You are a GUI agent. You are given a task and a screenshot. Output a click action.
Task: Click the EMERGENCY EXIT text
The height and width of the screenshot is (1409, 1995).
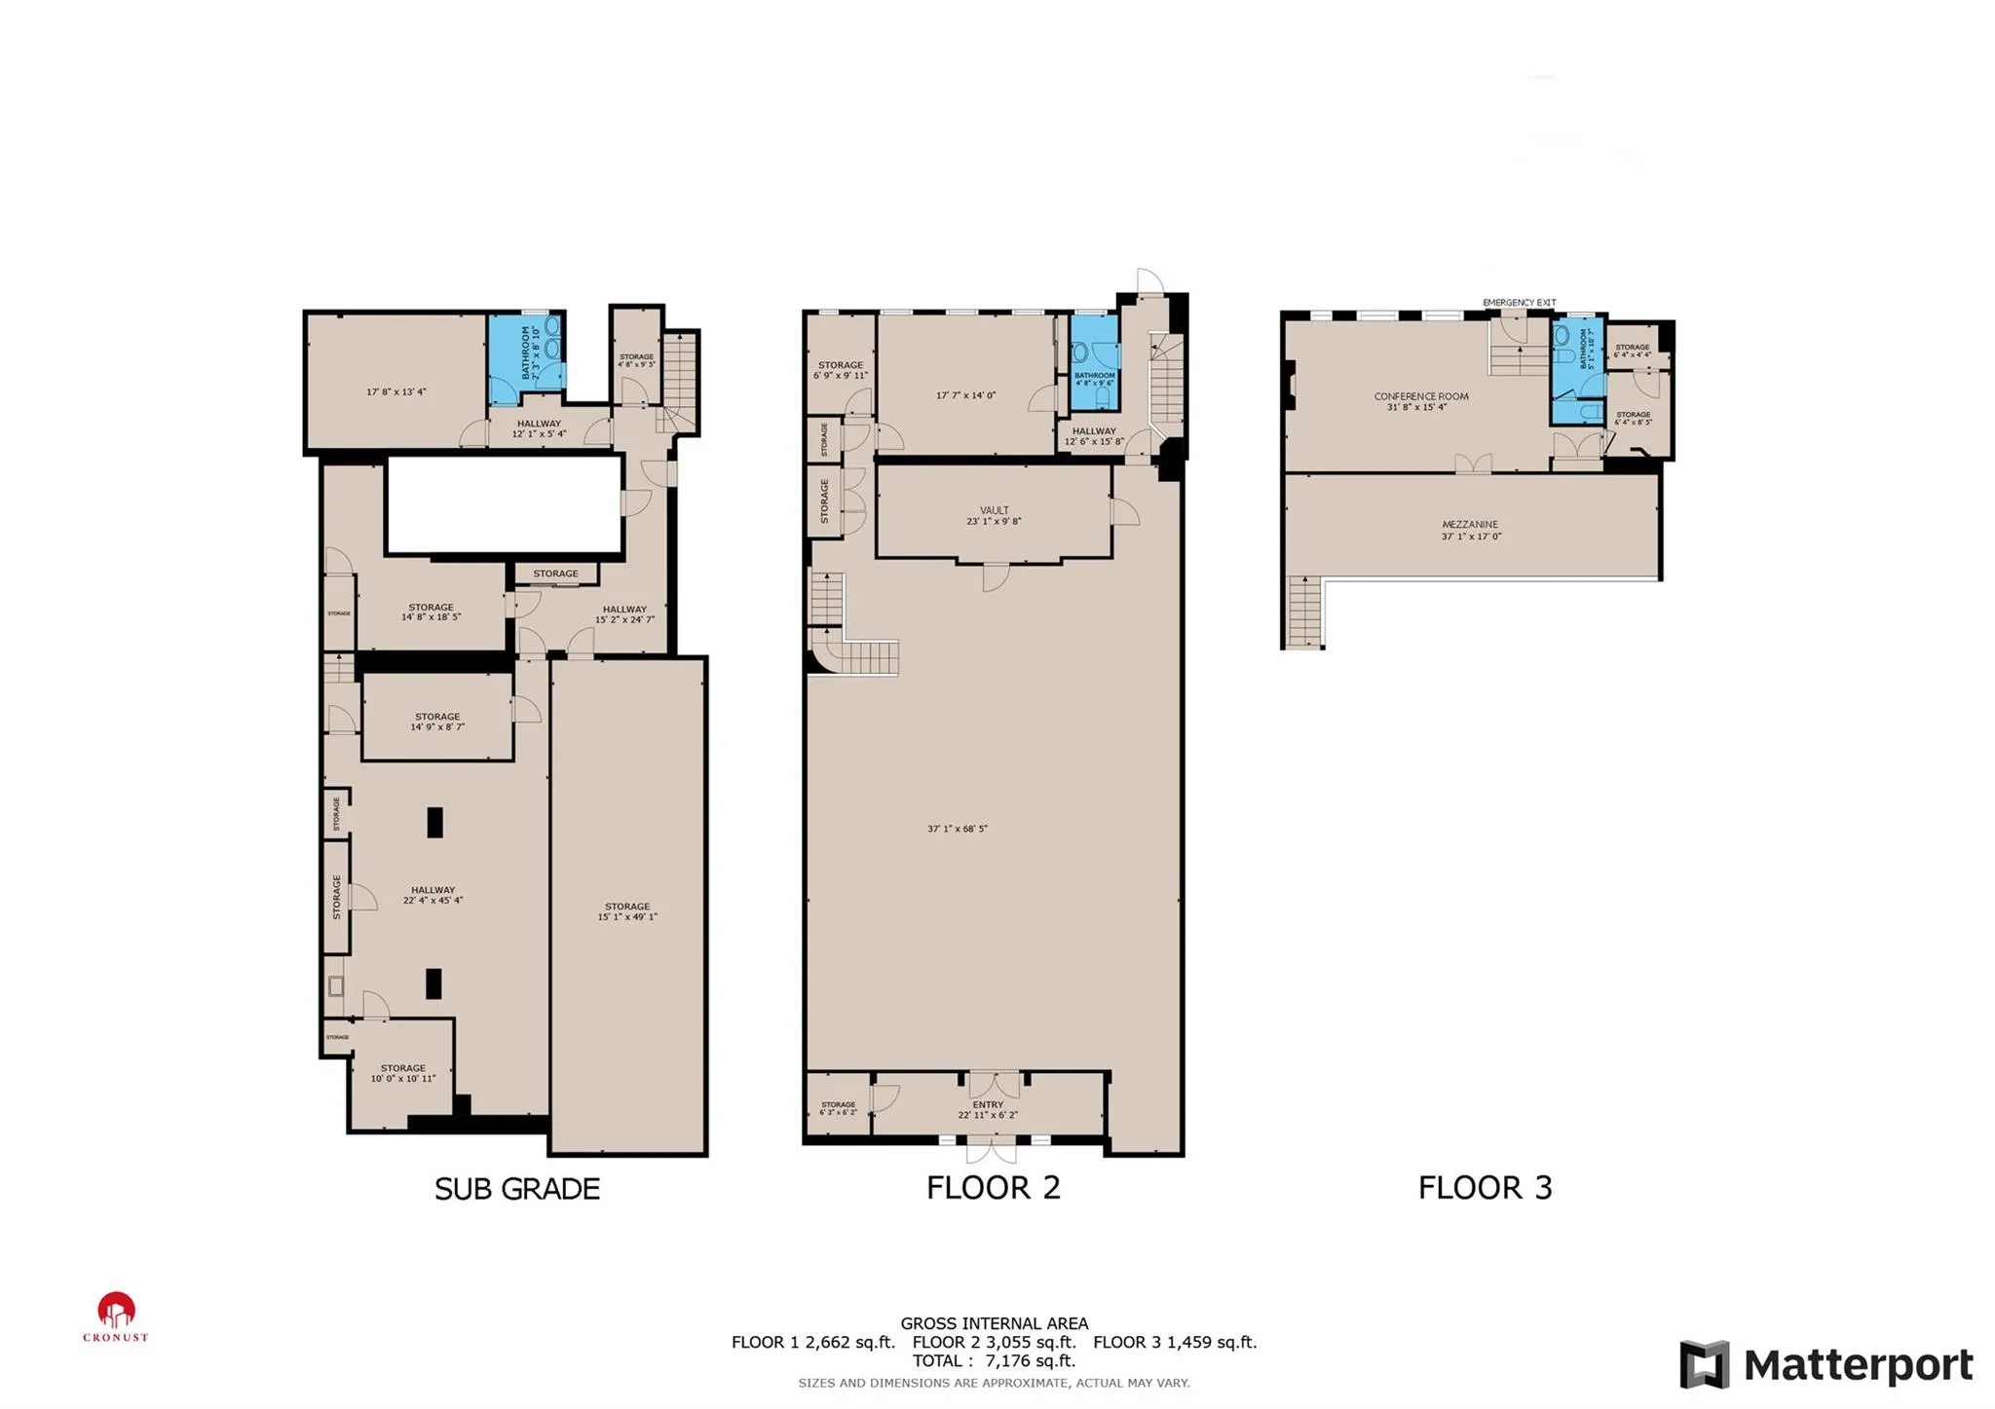click(x=1519, y=303)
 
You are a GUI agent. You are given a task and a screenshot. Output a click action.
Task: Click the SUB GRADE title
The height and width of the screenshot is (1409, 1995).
click(x=516, y=1189)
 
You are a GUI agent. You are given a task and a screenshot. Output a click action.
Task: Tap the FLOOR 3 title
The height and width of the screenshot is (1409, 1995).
click(x=1484, y=1188)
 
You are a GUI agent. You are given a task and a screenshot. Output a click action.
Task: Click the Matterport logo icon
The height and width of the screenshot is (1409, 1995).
click(x=1704, y=1363)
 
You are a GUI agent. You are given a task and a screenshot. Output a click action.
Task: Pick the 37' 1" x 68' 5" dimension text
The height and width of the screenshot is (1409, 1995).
click(x=957, y=829)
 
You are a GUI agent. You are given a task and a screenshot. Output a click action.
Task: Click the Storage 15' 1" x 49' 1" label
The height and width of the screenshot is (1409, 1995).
click(x=626, y=911)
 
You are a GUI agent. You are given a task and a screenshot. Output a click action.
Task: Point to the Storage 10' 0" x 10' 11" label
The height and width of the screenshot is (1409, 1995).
click(x=402, y=1073)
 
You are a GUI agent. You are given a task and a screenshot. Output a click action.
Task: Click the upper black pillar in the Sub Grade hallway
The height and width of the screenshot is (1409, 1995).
click(x=434, y=822)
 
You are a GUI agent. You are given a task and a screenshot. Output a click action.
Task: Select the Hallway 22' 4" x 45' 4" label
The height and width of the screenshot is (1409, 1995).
click(x=433, y=895)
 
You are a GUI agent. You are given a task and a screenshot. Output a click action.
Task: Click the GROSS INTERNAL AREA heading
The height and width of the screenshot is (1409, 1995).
click(x=994, y=1323)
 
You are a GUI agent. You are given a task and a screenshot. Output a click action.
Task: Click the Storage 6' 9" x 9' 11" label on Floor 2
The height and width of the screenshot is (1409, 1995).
click(x=840, y=370)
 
